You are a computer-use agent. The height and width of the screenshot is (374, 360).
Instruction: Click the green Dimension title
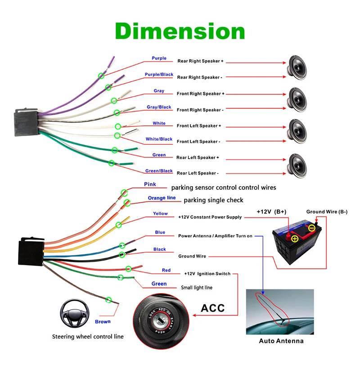coord(180,31)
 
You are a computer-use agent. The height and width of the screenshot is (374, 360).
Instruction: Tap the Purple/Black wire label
coord(159,75)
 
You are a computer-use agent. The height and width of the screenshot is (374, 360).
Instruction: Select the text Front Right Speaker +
coord(201,94)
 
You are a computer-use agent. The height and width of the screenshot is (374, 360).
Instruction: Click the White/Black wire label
coord(159,139)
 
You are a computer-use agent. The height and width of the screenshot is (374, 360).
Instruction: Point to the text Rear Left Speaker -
coord(198,173)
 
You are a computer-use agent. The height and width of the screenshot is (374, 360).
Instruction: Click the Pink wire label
coord(150,184)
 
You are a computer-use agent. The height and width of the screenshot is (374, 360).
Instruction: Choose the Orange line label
coord(162,198)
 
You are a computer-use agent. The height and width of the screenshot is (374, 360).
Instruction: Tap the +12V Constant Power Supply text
coord(210,217)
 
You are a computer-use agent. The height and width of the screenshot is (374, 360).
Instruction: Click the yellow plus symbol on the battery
coord(295,239)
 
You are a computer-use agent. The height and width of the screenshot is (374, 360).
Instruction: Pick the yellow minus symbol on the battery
coord(312,228)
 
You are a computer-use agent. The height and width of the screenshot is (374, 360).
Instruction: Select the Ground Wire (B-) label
coord(327,212)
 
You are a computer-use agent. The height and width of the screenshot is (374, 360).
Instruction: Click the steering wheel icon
coord(75,313)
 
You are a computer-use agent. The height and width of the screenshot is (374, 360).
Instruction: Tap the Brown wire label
coord(103,321)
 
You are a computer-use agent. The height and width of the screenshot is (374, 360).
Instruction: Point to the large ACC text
coord(213,308)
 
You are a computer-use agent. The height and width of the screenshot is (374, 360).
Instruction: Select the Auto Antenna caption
coord(281,341)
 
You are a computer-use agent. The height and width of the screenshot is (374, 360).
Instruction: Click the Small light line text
coord(197,287)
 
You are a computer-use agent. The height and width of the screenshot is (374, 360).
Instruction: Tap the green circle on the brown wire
coord(108,300)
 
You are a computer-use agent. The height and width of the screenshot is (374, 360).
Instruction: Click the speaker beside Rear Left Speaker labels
coord(297,166)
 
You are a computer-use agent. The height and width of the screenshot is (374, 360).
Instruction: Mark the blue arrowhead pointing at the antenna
coord(263,293)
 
